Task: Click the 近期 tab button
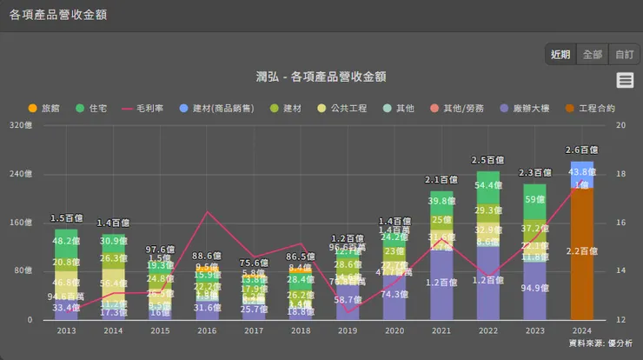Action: click(560, 54)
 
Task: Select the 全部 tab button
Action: click(593, 54)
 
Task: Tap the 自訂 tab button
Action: click(624, 54)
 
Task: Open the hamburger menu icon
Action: click(625, 80)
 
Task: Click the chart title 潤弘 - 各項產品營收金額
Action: click(321, 77)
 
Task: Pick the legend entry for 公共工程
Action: click(340, 109)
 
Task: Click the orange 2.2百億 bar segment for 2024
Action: click(581, 252)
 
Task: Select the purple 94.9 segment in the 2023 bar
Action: click(535, 290)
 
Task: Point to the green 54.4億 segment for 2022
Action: click(488, 185)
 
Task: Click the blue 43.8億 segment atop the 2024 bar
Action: click(581, 171)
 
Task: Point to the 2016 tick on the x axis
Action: click(207, 330)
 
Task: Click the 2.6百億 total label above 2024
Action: click(581, 150)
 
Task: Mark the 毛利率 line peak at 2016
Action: click(207, 212)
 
